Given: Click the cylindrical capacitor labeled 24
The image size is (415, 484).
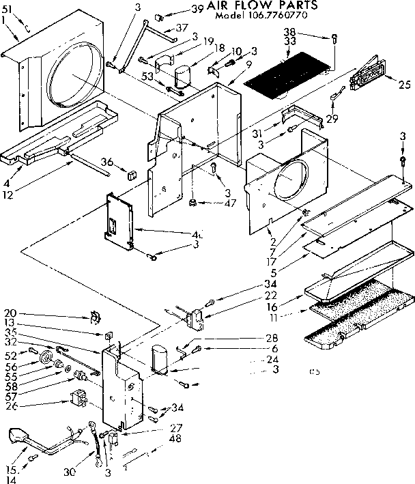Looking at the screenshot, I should coord(162,358).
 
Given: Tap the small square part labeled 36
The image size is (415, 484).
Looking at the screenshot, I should coord(128,167).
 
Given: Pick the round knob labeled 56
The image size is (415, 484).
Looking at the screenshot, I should coord(47,358).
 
